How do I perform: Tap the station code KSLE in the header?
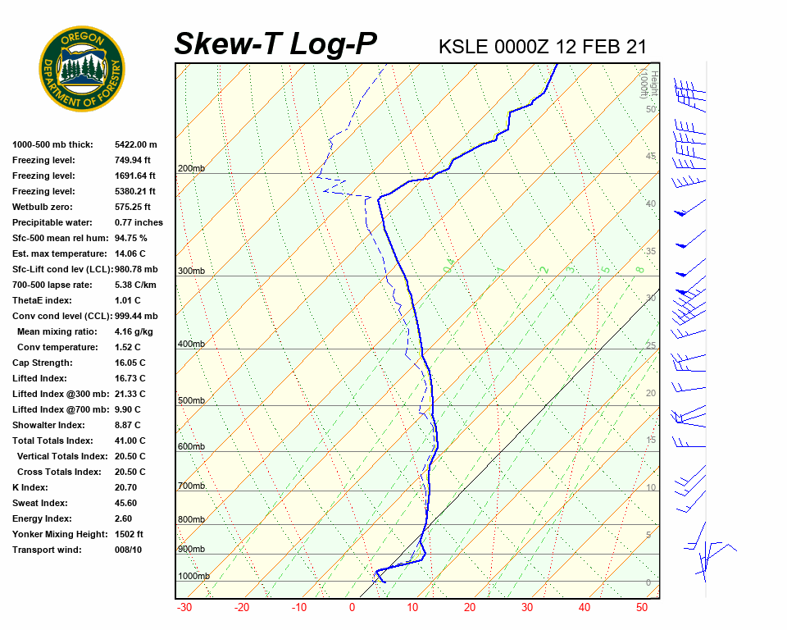[x=463, y=46]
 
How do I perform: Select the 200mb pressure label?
[x=191, y=169]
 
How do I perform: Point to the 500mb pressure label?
[x=191, y=401]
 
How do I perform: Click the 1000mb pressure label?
[x=193, y=577]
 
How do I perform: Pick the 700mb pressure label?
[x=191, y=486]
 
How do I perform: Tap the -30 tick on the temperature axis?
[x=184, y=608]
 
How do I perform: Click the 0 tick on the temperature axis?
[x=353, y=608]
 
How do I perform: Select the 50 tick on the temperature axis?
[x=642, y=608]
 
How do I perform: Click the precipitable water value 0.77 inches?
[x=139, y=222]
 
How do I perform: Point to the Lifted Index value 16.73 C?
[x=130, y=378]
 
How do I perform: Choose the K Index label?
[x=30, y=487]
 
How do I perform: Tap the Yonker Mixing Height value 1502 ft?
[x=129, y=534]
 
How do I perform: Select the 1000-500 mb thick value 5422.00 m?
[x=135, y=144]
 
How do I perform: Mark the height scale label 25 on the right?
[x=651, y=345]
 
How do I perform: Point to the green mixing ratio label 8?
[x=639, y=269]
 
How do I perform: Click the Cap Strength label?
[x=42, y=363]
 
